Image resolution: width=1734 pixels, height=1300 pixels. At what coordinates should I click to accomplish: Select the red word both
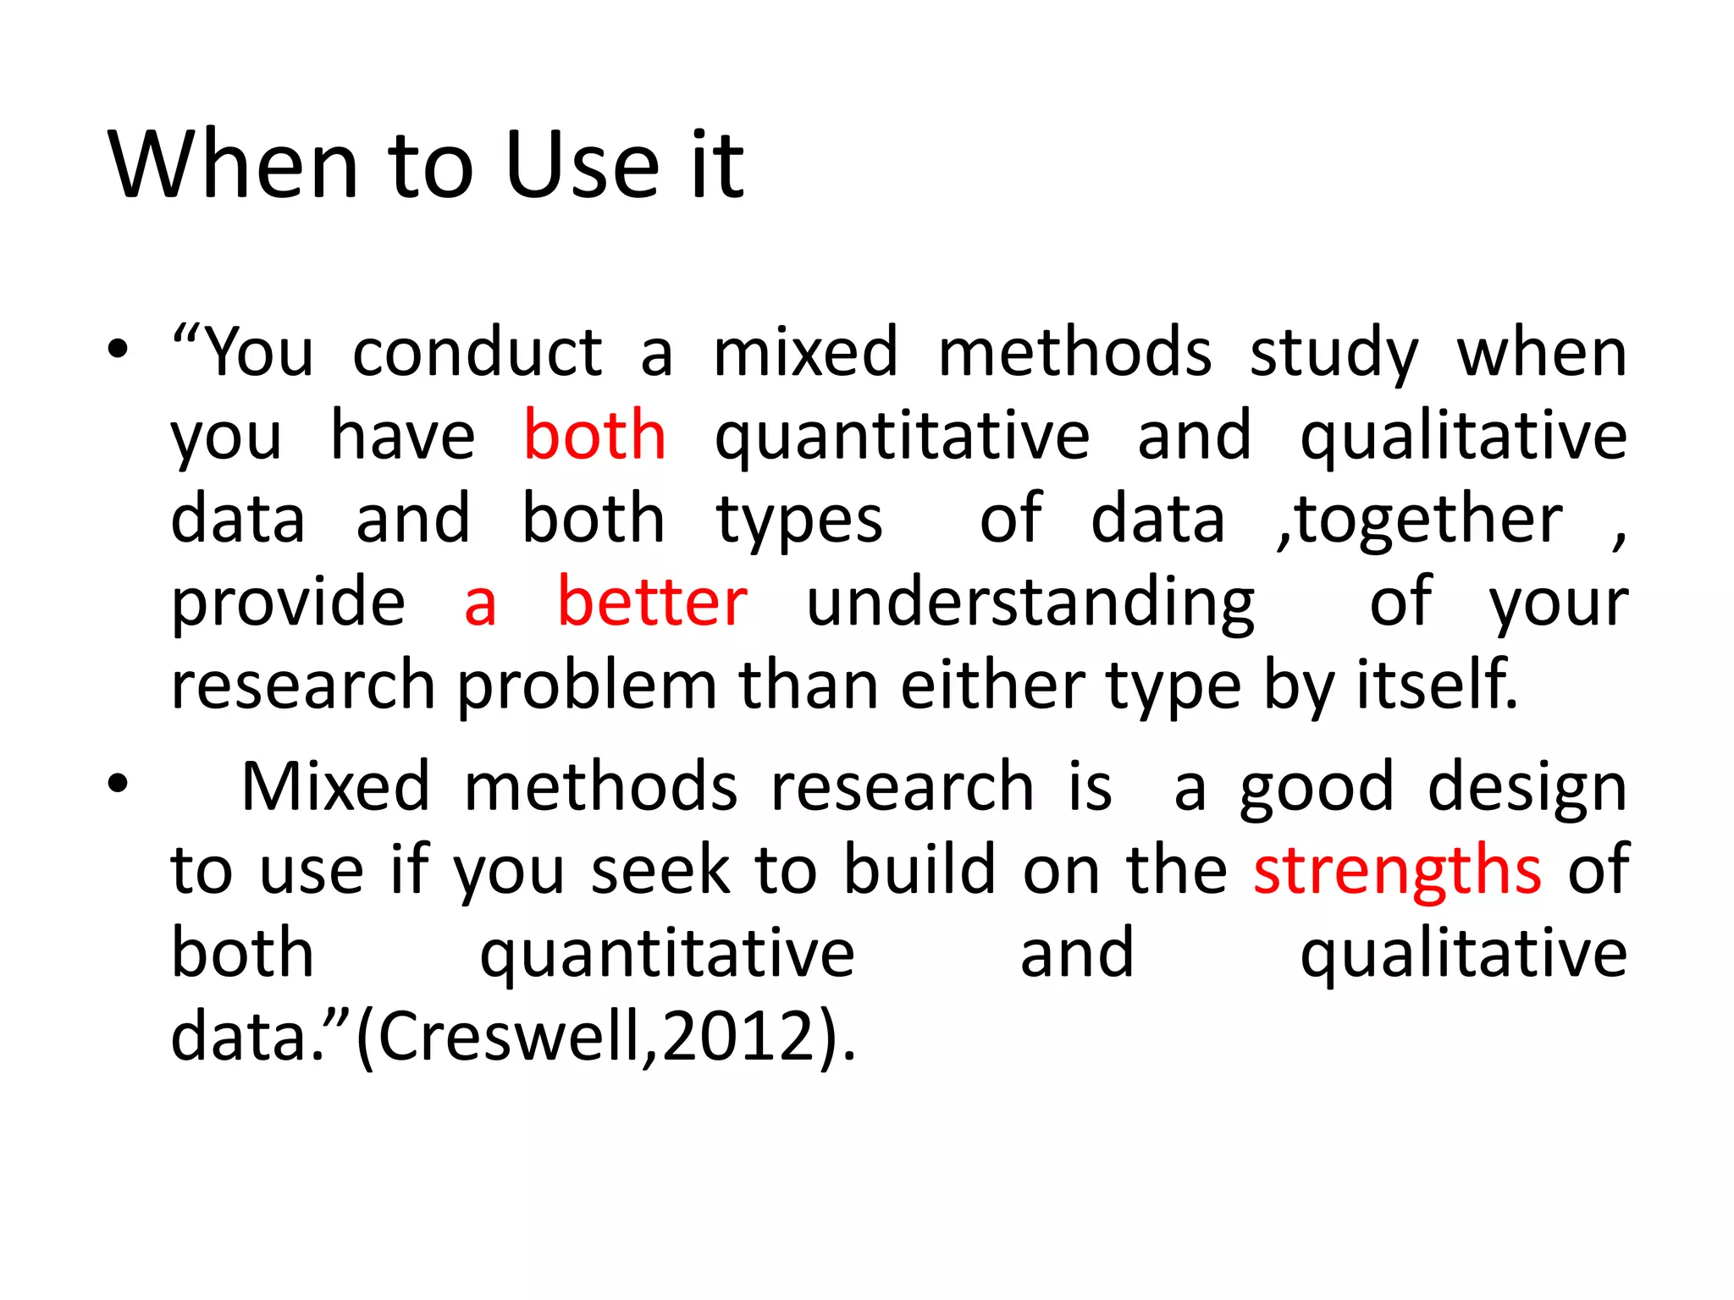coord(594,436)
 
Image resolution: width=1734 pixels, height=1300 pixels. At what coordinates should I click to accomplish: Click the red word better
coord(652,602)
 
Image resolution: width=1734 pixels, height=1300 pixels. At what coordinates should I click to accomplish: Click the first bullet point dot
coord(118,349)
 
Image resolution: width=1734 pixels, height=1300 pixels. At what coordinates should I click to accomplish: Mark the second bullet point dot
coord(118,784)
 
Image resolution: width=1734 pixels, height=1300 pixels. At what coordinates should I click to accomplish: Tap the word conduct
coord(478,352)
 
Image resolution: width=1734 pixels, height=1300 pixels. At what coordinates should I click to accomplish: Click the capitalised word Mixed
coord(335,787)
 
